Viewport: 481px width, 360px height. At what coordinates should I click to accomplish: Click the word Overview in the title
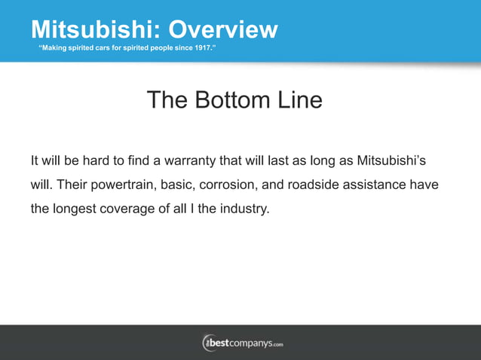[x=222, y=29]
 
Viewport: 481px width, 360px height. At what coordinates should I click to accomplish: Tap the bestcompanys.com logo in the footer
[x=241, y=343]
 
